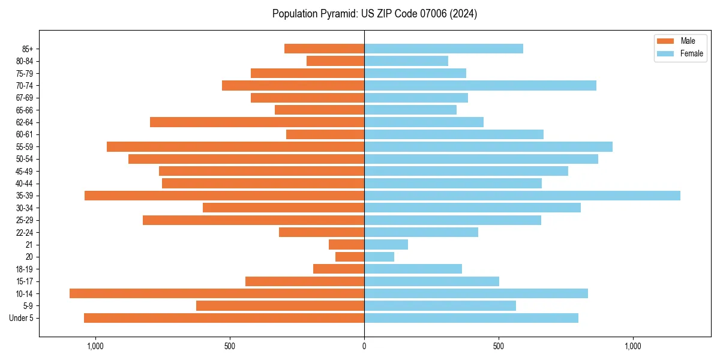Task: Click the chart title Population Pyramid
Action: pos(374,14)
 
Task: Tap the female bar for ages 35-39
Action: pos(522,196)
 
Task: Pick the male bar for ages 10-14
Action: pos(217,293)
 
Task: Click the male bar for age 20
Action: pos(350,257)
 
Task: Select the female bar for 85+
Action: pos(443,49)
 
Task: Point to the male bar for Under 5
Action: pos(224,318)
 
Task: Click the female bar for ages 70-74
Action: pos(480,85)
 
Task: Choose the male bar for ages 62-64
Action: pos(257,122)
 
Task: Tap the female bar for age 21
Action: pos(386,245)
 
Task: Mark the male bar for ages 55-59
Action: pos(235,147)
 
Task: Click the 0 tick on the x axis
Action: pos(364,346)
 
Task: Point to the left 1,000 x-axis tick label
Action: pos(95,346)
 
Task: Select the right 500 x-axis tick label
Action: pos(498,346)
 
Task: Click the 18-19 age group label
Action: pos(24,269)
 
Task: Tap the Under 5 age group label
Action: pos(21,318)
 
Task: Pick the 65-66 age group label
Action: pos(24,110)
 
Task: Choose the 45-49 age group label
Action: pos(24,172)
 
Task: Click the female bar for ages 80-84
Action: pos(406,61)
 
